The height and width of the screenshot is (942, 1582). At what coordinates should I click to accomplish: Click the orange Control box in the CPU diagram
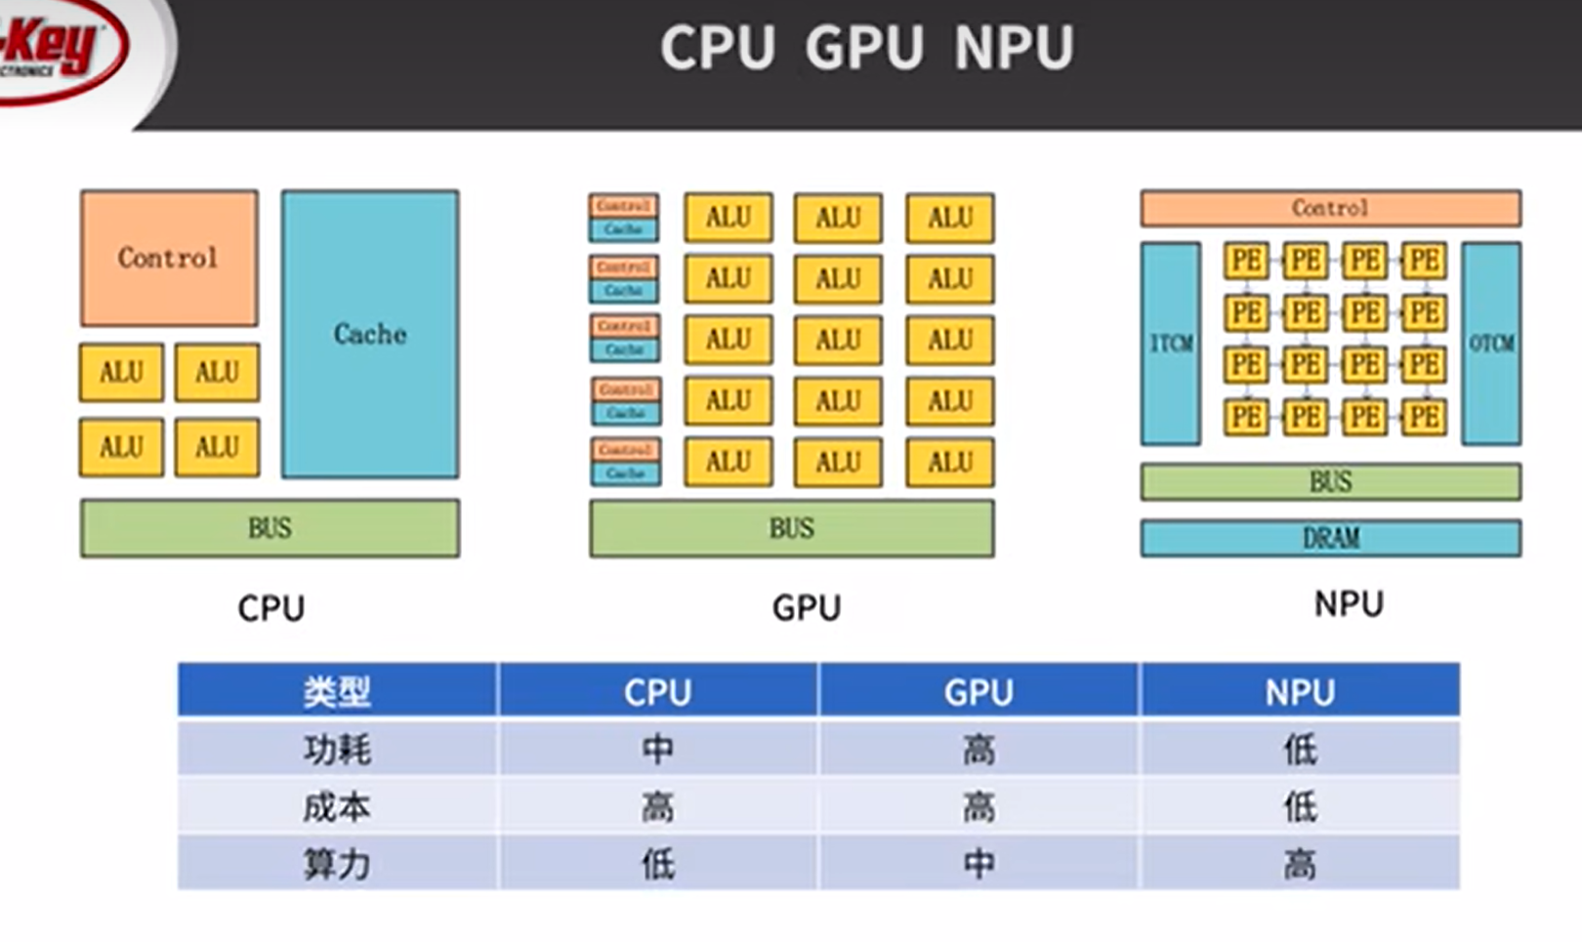(169, 258)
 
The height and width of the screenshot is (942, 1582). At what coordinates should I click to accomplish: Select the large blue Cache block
(370, 334)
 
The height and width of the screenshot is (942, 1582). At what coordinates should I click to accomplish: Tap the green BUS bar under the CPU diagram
(270, 528)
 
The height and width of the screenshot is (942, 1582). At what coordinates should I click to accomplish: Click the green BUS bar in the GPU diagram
(791, 528)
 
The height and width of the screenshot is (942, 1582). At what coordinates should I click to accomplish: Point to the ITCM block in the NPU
(1171, 344)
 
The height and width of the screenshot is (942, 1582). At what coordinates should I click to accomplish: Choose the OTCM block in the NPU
(1491, 344)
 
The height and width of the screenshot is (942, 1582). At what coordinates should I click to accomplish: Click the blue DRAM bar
(1330, 538)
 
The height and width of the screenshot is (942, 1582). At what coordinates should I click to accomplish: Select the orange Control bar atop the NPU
(1330, 208)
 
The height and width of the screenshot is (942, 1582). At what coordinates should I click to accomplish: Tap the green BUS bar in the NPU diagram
(1330, 481)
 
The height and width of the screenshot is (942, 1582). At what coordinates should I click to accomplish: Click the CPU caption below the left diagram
(271, 608)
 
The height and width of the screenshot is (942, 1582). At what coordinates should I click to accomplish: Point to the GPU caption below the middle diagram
(807, 608)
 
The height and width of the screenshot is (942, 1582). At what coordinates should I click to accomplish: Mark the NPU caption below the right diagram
(1349, 604)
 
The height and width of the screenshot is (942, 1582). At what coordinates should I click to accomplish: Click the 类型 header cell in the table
(337, 691)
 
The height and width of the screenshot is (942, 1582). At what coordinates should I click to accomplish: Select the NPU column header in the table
(1300, 691)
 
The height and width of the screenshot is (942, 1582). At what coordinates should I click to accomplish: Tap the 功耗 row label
(337, 749)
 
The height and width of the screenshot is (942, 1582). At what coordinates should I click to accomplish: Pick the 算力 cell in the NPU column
(1300, 864)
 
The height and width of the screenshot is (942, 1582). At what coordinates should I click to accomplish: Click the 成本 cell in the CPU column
(657, 806)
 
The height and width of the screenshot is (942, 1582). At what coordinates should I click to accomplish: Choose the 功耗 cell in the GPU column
(978, 749)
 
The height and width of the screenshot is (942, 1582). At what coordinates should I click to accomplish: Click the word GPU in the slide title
(865, 47)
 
